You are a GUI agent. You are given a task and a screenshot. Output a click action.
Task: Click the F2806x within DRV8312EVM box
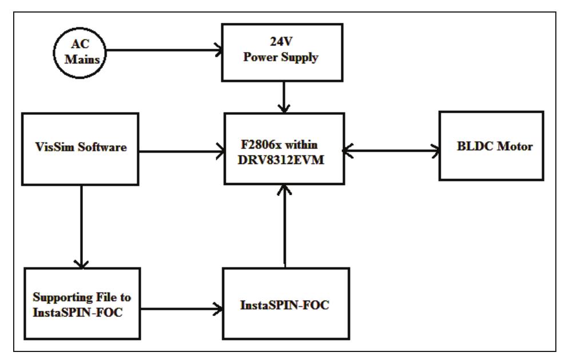tap(284, 148)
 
